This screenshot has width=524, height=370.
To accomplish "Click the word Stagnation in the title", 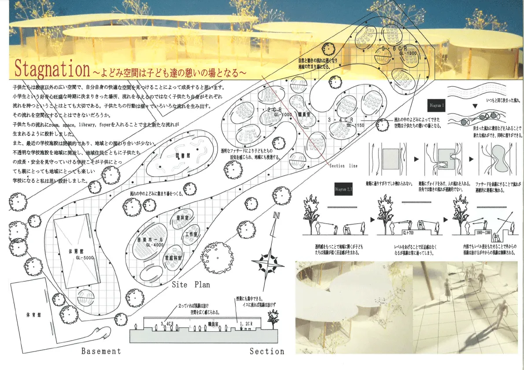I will click(52, 69).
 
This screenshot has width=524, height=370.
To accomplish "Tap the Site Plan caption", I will click(191, 285).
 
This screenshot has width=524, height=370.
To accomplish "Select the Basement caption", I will click(100, 351).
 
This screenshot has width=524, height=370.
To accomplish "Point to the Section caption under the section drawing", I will click(267, 351).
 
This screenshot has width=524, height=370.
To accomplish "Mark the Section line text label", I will click(343, 166).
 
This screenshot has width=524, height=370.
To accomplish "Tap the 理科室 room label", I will click(182, 218).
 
